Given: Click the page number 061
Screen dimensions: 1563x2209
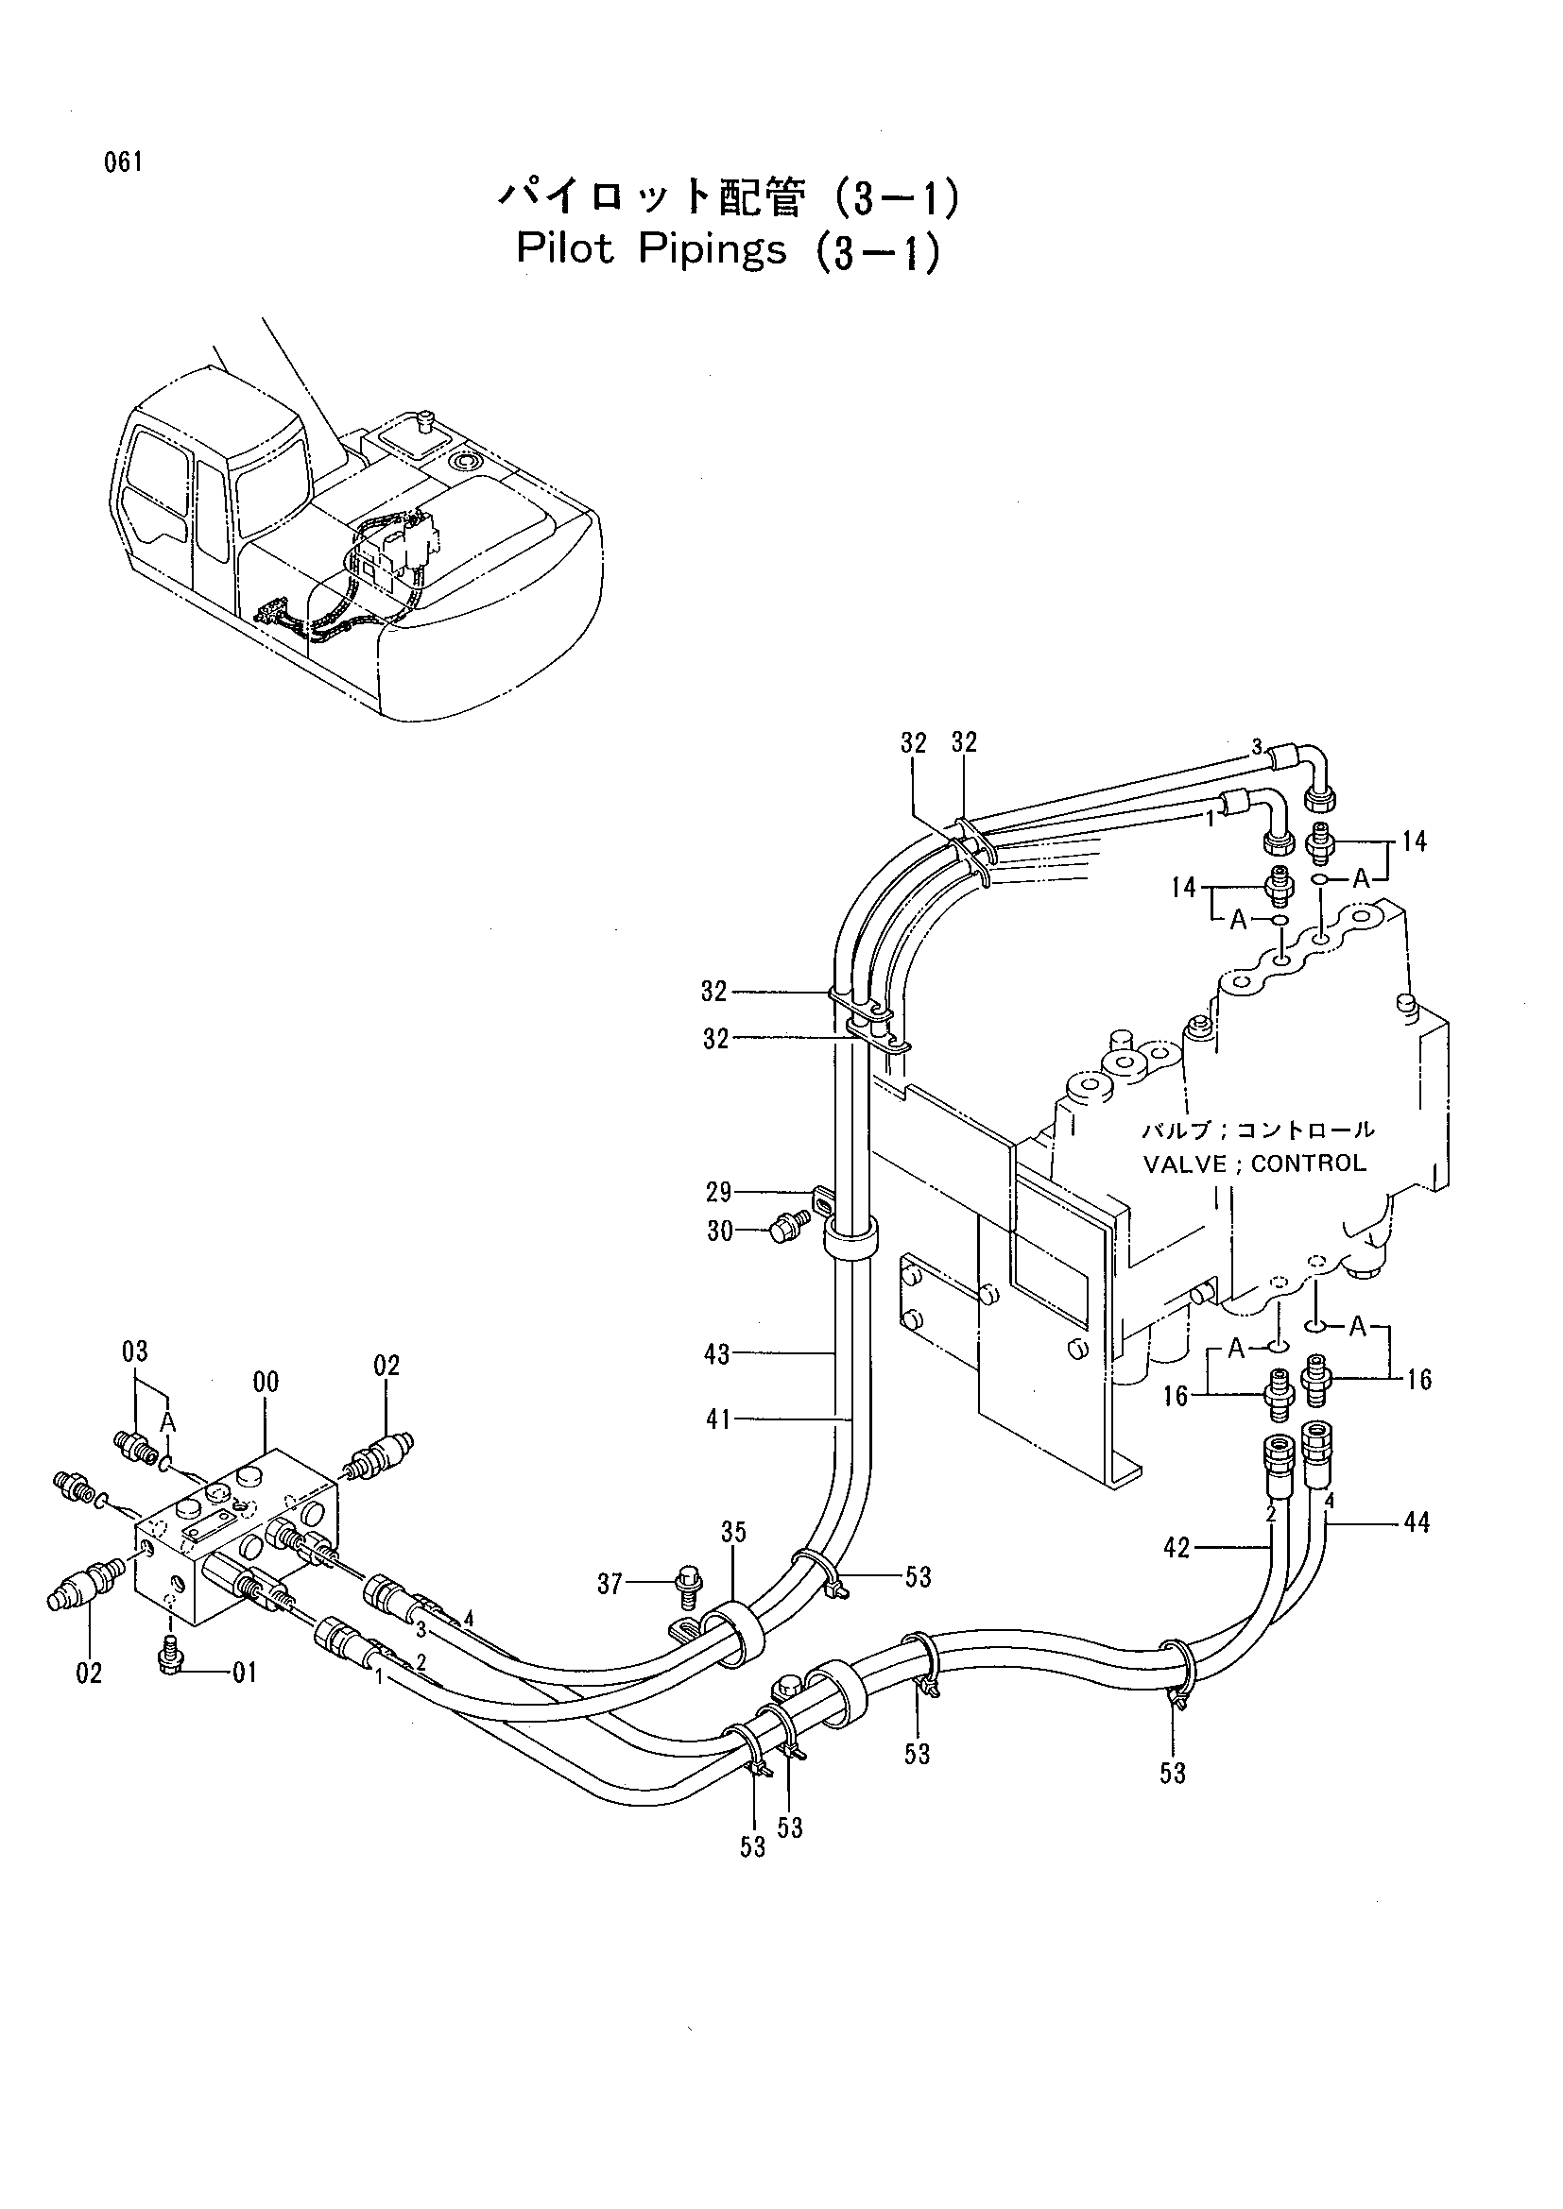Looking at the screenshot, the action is pyautogui.click(x=124, y=162).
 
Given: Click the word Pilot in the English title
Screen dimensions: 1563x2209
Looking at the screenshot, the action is pyautogui.click(x=565, y=248).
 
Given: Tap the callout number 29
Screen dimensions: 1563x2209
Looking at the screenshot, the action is pyautogui.click(x=719, y=1193).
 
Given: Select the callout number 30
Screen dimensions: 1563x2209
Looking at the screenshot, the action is pyautogui.click(x=721, y=1232).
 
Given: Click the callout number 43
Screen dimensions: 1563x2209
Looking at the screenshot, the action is pyautogui.click(x=718, y=1354).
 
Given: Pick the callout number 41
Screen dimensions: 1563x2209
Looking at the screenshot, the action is pyautogui.click(x=718, y=1419).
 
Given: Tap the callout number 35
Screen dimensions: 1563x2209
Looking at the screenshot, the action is pyautogui.click(x=733, y=1532).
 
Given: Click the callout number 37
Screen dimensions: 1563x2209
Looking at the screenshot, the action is pyautogui.click(x=610, y=1584).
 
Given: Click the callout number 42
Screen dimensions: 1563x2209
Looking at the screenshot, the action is pyautogui.click(x=1177, y=1548).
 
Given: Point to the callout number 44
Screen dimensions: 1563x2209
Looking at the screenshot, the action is pyautogui.click(x=1417, y=1523).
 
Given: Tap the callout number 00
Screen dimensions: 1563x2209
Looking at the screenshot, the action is pyautogui.click(x=266, y=1383).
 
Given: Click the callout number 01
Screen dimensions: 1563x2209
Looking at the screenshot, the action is pyautogui.click(x=245, y=1674).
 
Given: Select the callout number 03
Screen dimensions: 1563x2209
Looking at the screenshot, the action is pyautogui.click(x=135, y=1351).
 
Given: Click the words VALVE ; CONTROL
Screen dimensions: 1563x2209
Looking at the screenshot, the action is pyautogui.click(x=1254, y=1164).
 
